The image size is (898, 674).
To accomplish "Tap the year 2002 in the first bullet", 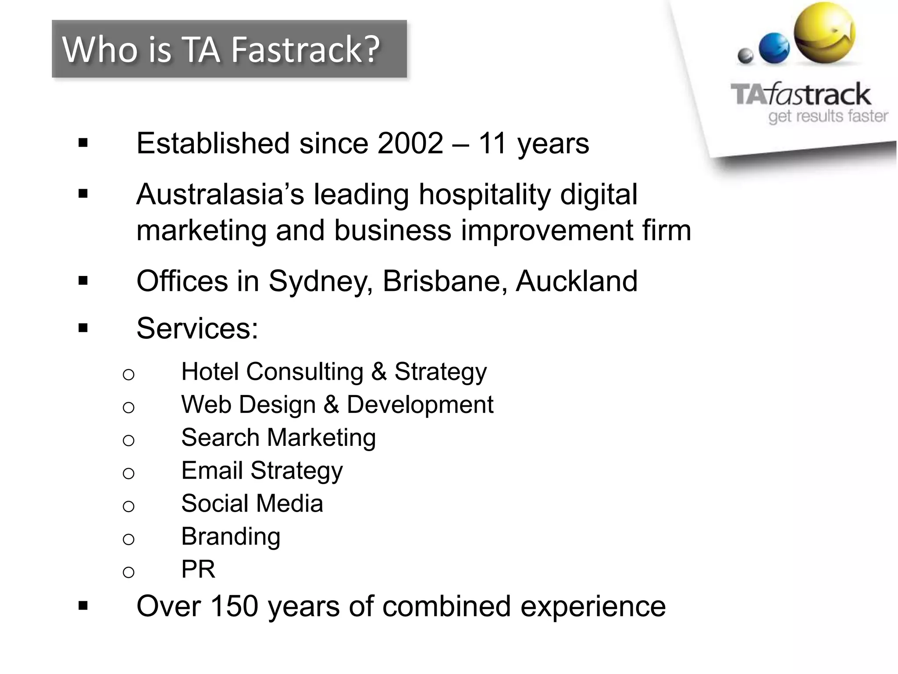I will (x=410, y=143).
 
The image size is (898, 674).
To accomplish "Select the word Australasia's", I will (x=220, y=194).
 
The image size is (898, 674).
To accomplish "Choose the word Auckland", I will (x=577, y=281).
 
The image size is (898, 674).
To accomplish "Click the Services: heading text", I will (x=197, y=328).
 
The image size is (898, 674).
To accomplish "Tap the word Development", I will (x=420, y=405).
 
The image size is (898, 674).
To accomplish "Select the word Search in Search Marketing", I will (x=221, y=437).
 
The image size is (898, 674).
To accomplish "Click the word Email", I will (x=212, y=470).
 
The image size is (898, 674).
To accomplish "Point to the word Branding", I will (x=231, y=537).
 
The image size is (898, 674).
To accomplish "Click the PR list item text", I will (x=198, y=569).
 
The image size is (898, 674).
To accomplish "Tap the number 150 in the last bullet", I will (x=234, y=606).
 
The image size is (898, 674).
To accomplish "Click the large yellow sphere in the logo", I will (x=825, y=33).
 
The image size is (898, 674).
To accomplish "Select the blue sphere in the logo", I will (x=774, y=48).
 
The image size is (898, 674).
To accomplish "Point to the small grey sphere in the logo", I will (x=745, y=56).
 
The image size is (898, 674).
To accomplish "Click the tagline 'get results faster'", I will (x=828, y=116).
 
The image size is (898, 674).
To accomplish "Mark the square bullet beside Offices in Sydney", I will (x=83, y=281).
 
